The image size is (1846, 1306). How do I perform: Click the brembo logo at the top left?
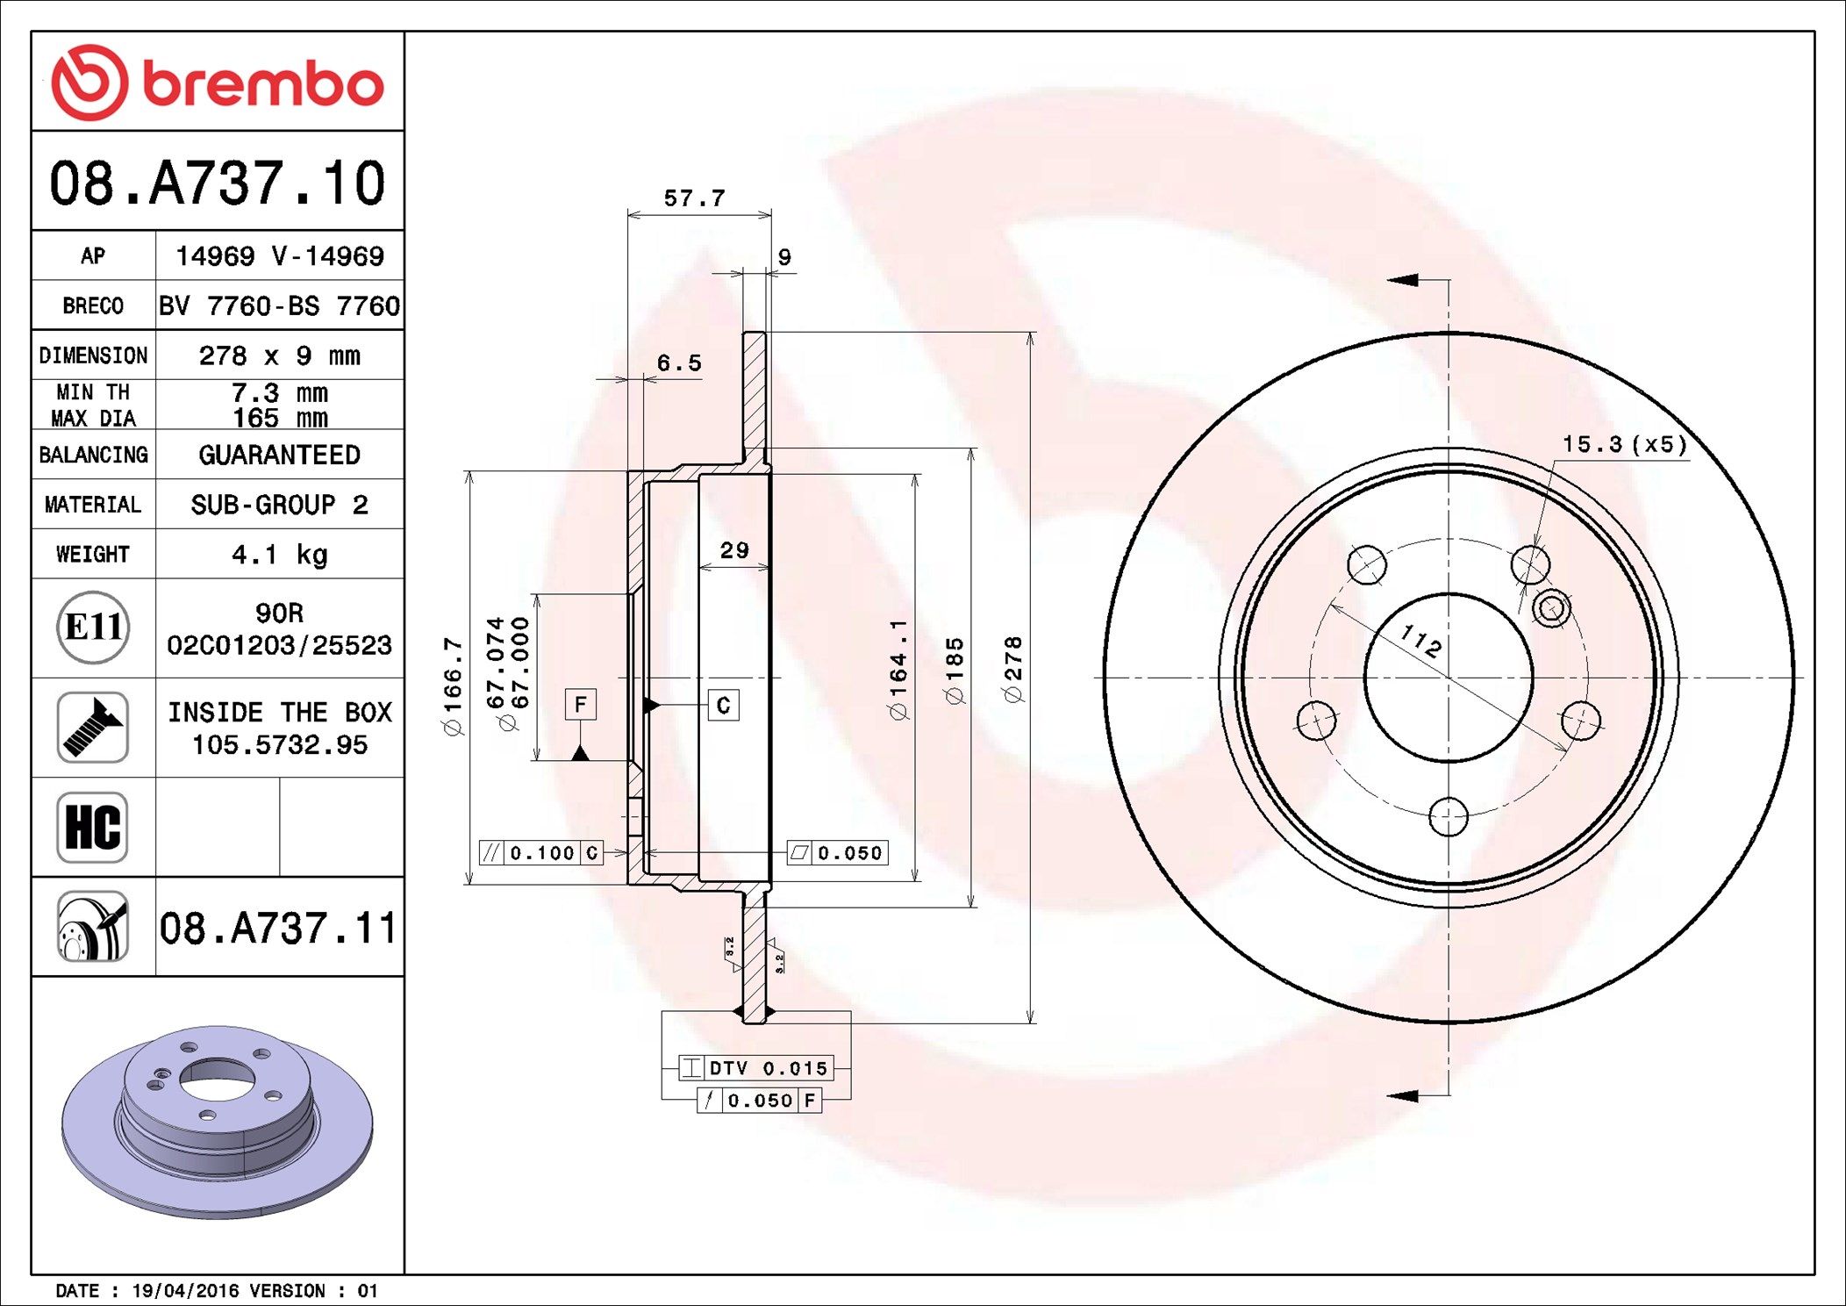218,83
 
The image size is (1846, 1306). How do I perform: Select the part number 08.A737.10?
218,183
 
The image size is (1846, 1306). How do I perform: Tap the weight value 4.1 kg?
279,555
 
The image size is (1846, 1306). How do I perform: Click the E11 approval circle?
93,628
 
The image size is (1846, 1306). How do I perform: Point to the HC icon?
93,827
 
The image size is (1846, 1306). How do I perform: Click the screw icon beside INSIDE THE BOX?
93,727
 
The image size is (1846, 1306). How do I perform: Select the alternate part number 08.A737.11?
279,928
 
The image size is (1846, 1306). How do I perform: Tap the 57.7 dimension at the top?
695,198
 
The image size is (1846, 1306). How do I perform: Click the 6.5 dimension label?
679,362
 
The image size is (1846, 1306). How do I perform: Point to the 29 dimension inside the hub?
734,550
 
